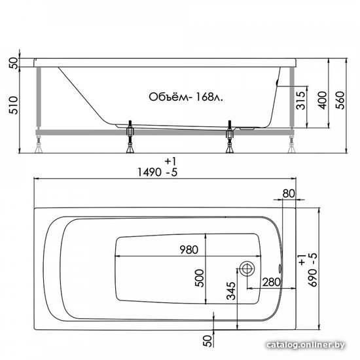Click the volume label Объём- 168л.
click(186, 97)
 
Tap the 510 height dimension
click(13, 105)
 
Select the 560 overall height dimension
click(340, 100)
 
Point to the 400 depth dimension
click(322, 100)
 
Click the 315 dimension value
click(301, 100)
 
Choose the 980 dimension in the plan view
click(189, 249)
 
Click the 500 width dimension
click(199, 278)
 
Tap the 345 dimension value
click(231, 291)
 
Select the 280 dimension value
click(272, 282)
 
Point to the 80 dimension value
click(289, 194)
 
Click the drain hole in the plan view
click(247, 268)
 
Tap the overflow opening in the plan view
click(280, 268)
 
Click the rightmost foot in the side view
click(292, 145)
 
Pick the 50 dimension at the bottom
click(207, 341)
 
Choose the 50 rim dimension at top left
click(13, 63)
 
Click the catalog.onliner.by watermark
click(306, 345)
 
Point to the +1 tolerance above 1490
click(170, 162)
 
